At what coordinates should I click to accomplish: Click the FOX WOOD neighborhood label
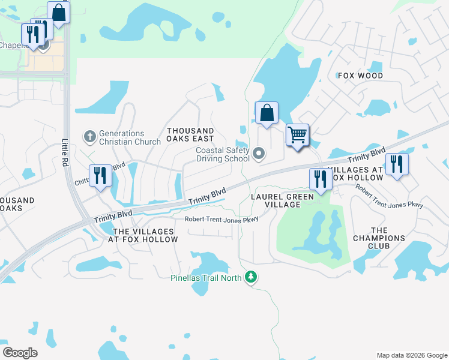(x=360, y=76)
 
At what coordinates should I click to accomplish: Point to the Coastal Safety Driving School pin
(x=259, y=154)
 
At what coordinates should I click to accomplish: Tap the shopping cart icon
(x=297, y=134)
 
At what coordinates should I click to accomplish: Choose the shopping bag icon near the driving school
(x=267, y=112)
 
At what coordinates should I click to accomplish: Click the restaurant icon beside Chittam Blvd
(x=100, y=175)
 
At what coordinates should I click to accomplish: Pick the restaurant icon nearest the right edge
(x=397, y=164)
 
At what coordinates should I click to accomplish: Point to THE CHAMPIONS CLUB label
(x=379, y=238)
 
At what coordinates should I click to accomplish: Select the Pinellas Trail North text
(x=206, y=278)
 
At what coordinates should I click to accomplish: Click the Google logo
(x=20, y=353)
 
